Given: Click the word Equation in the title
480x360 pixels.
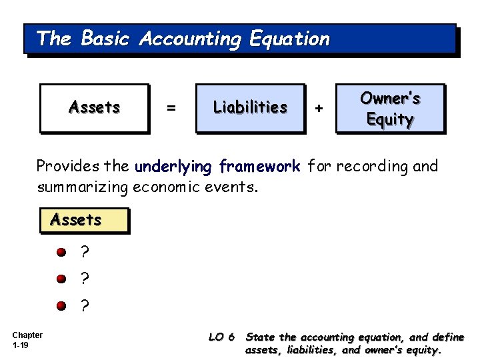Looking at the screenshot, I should click(x=289, y=39).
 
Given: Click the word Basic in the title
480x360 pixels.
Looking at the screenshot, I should click(x=105, y=39).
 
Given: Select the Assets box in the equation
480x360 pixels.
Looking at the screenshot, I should click(x=94, y=107).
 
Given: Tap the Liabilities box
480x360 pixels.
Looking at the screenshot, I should click(x=250, y=107).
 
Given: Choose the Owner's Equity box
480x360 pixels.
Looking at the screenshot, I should click(x=390, y=108).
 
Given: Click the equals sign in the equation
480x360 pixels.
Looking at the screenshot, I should click(x=171, y=108).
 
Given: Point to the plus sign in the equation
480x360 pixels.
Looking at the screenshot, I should click(x=319, y=108).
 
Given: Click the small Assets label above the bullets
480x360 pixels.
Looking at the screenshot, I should click(x=76, y=220).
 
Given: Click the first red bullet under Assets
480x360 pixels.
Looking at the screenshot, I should click(x=61, y=253).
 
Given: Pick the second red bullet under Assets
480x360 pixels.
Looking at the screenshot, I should click(x=61, y=279).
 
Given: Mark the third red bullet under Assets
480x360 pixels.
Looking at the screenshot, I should click(x=61, y=305).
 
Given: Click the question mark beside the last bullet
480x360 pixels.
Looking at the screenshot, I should click(x=84, y=305).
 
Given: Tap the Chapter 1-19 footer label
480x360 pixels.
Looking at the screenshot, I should click(x=27, y=340).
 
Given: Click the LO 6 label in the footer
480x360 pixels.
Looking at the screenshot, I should click(x=221, y=337).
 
